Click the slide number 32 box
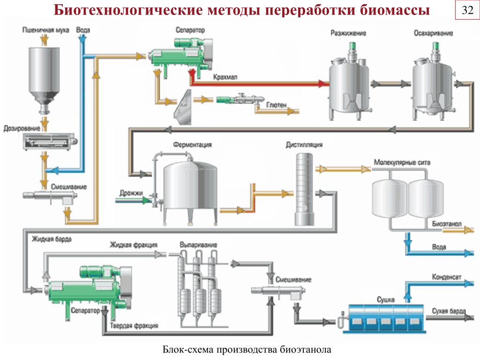point(467,11)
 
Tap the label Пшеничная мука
point(45,30)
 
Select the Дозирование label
point(22,128)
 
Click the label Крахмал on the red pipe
point(225,77)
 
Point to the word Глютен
point(276,105)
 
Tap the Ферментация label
point(192,144)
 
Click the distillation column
point(304,189)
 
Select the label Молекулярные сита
point(402,162)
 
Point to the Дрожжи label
point(131,193)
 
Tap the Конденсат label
point(446,277)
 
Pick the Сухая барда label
point(449,311)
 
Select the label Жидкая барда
point(52,239)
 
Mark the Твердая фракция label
point(134,326)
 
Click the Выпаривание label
point(198,245)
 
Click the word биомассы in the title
point(395,10)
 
